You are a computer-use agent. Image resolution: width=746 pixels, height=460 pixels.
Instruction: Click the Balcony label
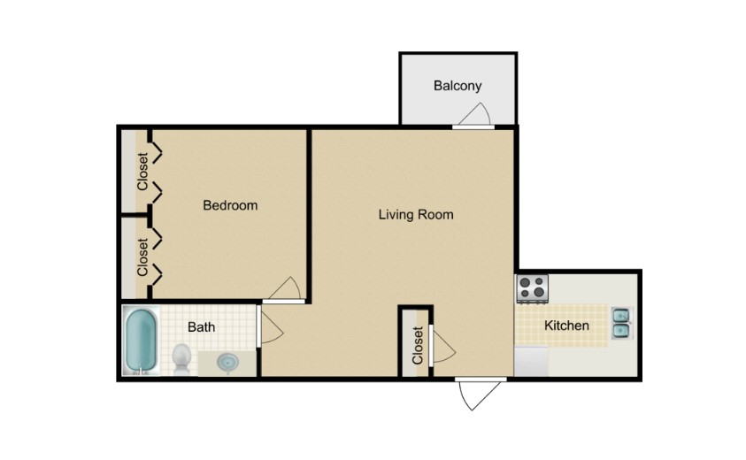pyautogui.click(x=458, y=86)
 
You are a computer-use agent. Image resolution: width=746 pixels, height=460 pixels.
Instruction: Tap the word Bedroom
pyautogui.click(x=230, y=205)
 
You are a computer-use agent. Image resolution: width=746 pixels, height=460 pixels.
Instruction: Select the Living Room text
pyautogui.click(x=416, y=214)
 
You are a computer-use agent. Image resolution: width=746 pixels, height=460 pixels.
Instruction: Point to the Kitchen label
pyautogui.click(x=566, y=326)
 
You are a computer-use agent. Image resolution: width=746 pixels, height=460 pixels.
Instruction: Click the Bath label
pyautogui.click(x=201, y=327)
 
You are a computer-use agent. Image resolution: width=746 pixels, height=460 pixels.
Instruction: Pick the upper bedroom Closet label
pyautogui.click(x=142, y=172)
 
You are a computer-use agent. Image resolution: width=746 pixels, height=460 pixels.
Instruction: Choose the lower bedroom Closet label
pyautogui.click(x=142, y=255)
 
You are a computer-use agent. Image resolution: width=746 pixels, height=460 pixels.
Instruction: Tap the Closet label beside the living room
pyautogui.click(x=418, y=345)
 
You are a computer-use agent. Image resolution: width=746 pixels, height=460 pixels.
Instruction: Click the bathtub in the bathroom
pyautogui.click(x=141, y=341)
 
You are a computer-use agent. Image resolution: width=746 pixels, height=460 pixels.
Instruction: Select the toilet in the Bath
pyautogui.click(x=181, y=357)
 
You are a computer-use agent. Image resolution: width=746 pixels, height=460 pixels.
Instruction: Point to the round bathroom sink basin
pyautogui.click(x=227, y=362)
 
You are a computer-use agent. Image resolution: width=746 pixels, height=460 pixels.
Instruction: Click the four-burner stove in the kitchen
pyautogui.click(x=533, y=287)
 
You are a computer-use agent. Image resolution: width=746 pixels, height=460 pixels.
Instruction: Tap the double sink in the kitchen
pyautogui.click(x=621, y=324)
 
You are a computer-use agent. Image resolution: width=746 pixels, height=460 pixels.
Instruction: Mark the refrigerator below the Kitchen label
pyautogui.click(x=532, y=361)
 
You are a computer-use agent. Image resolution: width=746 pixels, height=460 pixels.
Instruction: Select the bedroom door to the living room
pyautogui.click(x=287, y=289)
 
